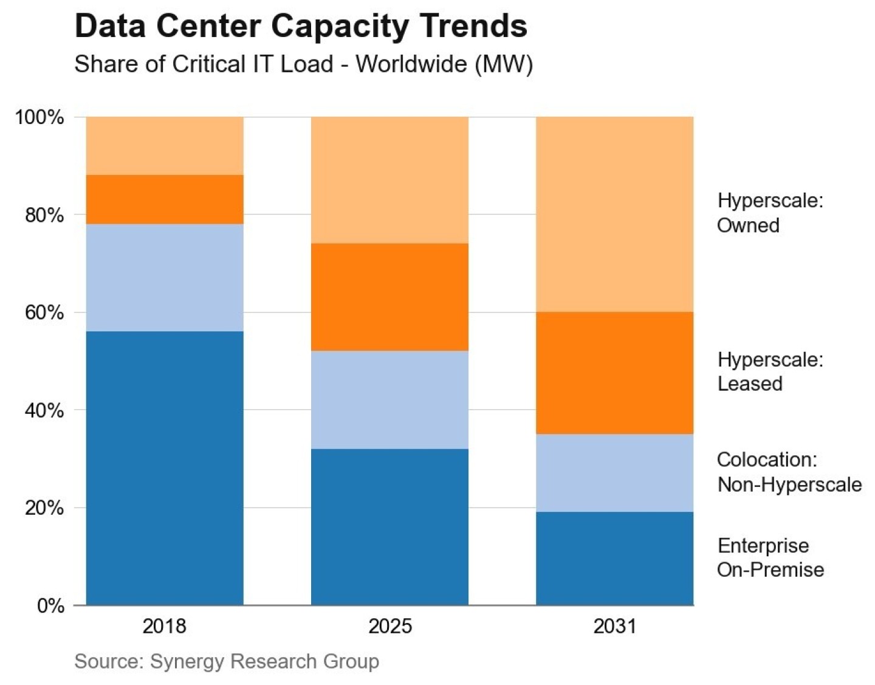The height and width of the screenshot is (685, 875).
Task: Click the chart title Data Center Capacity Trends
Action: [301, 26]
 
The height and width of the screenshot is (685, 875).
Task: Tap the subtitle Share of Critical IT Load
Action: [303, 64]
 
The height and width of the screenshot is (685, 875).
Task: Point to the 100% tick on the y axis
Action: [39, 117]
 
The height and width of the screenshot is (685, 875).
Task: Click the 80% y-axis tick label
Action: [44, 215]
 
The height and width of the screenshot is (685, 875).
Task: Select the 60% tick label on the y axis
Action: [44, 312]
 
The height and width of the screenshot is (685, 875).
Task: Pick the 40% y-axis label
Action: [44, 410]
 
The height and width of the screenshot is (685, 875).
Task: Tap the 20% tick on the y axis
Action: [44, 508]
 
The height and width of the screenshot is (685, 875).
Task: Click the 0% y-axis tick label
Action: [50, 606]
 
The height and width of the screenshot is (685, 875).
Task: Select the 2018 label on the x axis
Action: [164, 626]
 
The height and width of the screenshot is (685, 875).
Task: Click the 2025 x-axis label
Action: [389, 626]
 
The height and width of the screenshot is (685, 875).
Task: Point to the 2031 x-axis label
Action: [614, 626]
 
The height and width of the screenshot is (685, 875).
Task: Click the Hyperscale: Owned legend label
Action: [770, 213]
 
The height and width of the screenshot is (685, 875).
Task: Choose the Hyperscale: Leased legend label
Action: [770, 371]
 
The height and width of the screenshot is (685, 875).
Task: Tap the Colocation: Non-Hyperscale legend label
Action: [789, 472]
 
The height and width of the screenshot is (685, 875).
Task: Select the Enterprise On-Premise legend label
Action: [770, 557]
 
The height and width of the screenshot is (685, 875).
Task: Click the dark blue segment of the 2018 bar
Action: [165, 468]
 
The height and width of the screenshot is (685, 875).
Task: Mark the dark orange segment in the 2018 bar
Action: [165, 199]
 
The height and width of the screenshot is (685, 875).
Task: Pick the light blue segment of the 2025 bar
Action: [389, 399]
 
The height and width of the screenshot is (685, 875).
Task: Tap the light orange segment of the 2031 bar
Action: [614, 214]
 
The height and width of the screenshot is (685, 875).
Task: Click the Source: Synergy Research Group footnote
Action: [227, 661]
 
